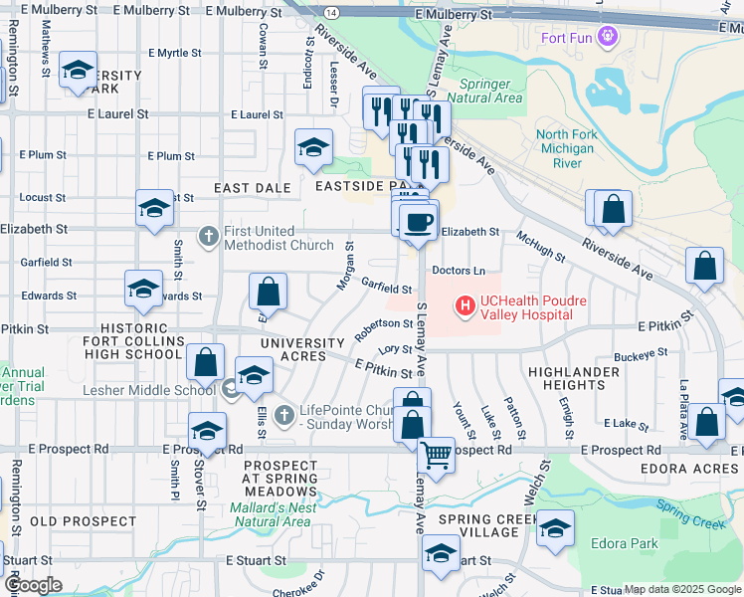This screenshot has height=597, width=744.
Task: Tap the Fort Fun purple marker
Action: click(610, 39)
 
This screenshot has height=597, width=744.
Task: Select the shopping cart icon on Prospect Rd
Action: click(435, 455)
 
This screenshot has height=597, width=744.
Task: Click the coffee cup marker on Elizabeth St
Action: click(419, 221)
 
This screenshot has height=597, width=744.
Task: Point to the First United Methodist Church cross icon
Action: click(209, 237)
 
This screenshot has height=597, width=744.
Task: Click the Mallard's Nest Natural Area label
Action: click(275, 513)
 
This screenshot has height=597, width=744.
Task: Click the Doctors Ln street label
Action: click(459, 271)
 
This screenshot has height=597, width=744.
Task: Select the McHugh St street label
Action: click(540, 247)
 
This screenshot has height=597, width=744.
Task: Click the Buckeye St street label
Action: click(641, 353)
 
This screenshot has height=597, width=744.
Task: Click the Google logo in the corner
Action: click(33, 585)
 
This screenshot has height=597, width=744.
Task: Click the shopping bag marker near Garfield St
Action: click(268, 293)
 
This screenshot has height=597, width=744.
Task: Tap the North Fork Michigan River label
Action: click(565, 148)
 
